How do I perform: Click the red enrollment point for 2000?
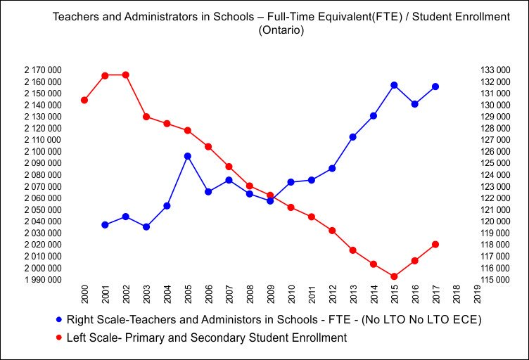click(x=84, y=100)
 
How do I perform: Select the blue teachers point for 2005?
click(x=188, y=156)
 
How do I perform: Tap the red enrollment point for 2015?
click(x=394, y=276)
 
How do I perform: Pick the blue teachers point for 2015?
click(x=394, y=85)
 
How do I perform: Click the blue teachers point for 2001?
click(x=105, y=225)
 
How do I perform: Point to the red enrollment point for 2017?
click(x=435, y=244)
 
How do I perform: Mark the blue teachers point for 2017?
click(x=435, y=86)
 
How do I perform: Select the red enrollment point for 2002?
click(x=126, y=75)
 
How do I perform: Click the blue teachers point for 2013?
click(x=352, y=137)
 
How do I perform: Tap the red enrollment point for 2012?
click(x=332, y=231)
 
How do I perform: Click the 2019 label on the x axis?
click(x=477, y=295)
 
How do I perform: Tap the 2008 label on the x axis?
click(x=250, y=295)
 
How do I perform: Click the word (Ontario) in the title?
click(x=281, y=31)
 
